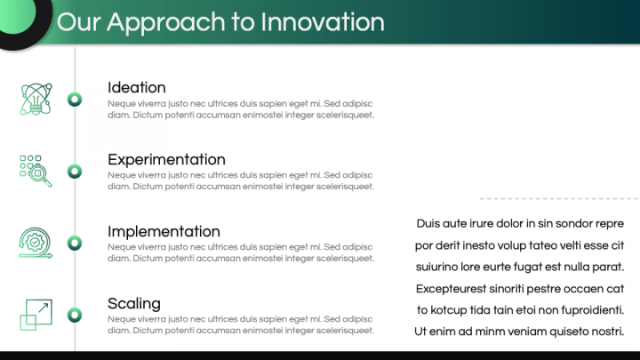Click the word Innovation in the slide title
pos(323,21)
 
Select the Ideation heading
pos(137,87)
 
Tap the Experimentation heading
pos(166,160)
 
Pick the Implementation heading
pos(164,231)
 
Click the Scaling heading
pos(134,304)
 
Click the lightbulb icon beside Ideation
pos(36,100)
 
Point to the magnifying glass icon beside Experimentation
pos(36,171)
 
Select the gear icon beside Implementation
pos(36,243)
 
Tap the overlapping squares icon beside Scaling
pos(36,315)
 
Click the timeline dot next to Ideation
pos(75,100)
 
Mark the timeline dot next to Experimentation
pos(75,172)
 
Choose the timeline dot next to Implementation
pos(75,244)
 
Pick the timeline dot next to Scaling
pos(75,315)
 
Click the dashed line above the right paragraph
pos(560,199)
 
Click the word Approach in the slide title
pos(165,23)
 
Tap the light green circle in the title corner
pos(16,15)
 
